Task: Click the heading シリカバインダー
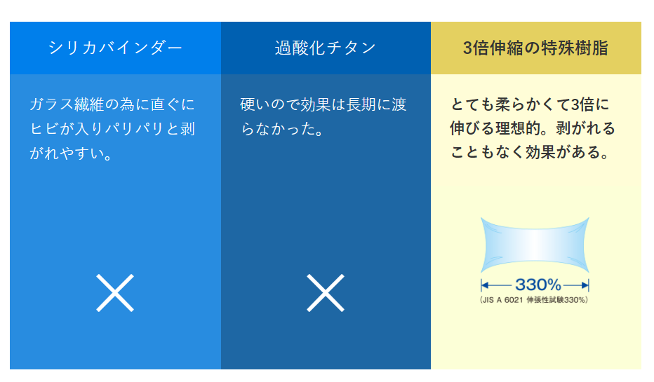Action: point(115,48)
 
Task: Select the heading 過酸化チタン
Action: point(326,48)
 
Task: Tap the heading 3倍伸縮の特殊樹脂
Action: point(535,48)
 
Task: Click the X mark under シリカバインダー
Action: point(115,292)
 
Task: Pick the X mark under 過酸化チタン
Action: point(326,292)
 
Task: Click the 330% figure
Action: point(538,285)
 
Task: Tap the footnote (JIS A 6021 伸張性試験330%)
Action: point(535,300)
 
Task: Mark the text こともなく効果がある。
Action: point(530,153)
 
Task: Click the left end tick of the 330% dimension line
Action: point(482,285)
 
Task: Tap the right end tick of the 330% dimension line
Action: point(588,285)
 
